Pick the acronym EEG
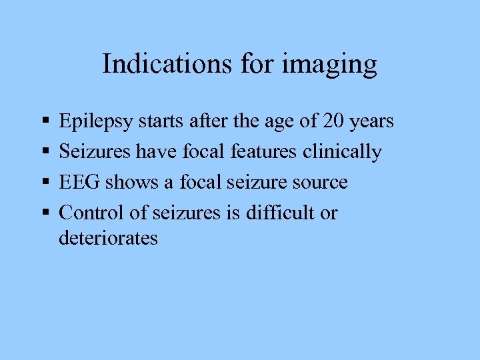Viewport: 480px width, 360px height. pyautogui.click(x=79, y=182)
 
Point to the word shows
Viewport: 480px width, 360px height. pyautogui.click(x=129, y=182)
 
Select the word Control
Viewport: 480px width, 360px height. pyautogui.click(x=93, y=213)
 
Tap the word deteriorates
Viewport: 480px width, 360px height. pyautogui.click(x=108, y=238)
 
